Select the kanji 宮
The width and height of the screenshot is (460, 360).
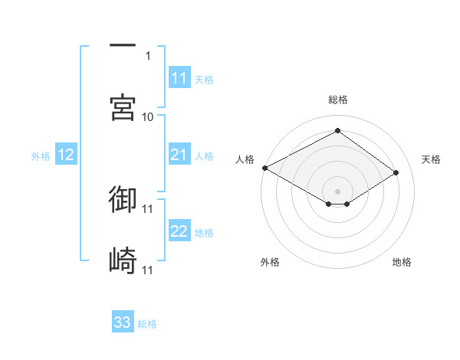(123, 108)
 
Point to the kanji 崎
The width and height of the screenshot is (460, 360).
(123, 261)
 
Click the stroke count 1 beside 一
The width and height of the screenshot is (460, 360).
(148, 55)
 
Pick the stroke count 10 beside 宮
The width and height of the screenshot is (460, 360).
(148, 116)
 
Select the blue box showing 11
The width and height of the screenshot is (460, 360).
(179, 78)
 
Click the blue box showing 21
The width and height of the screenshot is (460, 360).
(179, 155)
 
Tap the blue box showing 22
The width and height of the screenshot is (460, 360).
(179, 231)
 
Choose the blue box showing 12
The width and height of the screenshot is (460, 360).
(66, 155)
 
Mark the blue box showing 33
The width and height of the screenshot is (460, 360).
(123, 322)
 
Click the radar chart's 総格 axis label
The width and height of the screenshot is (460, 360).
(337, 100)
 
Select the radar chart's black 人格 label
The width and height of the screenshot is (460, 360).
(245, 159)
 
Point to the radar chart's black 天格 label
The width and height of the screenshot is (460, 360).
(431, 159)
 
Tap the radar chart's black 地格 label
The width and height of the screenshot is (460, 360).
(402, 262)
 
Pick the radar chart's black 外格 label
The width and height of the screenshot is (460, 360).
(270, 262)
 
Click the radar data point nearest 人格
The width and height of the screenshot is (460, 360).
(264, 168)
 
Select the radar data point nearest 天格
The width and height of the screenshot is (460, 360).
(396, 172)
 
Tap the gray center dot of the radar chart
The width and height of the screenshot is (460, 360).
(337, 191)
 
